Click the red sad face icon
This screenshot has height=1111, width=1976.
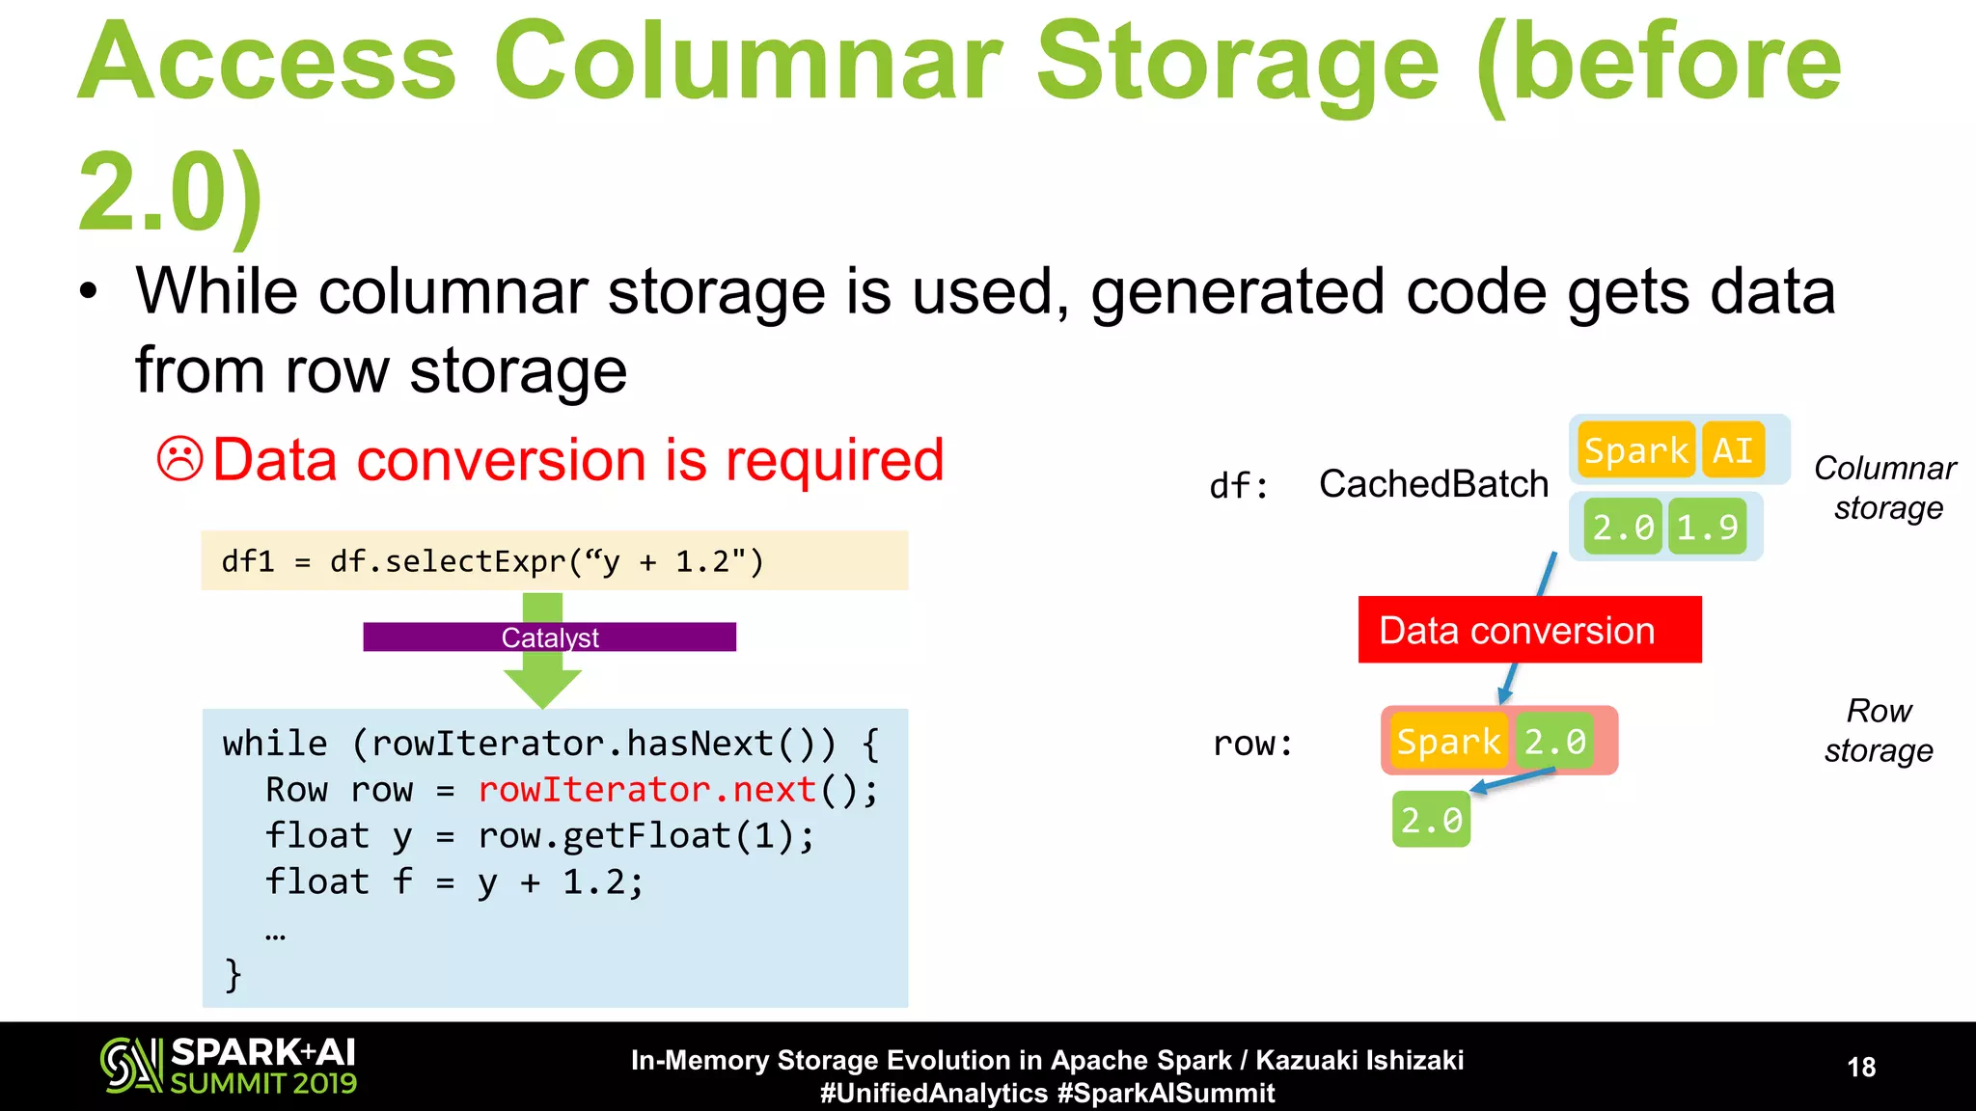point(180,459)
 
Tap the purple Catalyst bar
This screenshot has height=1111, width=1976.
point(549,637)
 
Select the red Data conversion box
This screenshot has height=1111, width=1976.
point(1529,630)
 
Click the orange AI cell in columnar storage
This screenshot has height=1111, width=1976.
point(1733,450)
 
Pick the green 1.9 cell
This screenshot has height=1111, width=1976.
point(1707,527)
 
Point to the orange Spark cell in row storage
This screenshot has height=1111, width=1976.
point(1447,742)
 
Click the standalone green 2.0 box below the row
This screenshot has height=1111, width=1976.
point(1431,820)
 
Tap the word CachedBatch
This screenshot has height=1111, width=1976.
point(1433,484)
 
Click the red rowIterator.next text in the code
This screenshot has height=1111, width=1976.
point(647,790)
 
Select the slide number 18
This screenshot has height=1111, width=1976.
point(1861,1067)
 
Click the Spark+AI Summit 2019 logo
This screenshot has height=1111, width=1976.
point(229,1066)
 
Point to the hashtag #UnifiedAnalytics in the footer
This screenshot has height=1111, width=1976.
point(933,1094)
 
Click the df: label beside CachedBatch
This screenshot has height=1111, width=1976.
point(1239,486)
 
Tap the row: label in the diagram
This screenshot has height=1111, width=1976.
point(1252,744)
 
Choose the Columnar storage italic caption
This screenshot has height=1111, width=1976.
point(1886,488)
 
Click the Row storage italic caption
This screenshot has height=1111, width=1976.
point(1879,731)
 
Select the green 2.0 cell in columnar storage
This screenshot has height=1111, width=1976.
point(1623,527)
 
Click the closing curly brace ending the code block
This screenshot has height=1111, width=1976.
point(233,974)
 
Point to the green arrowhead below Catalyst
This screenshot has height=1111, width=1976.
point(542,686)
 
